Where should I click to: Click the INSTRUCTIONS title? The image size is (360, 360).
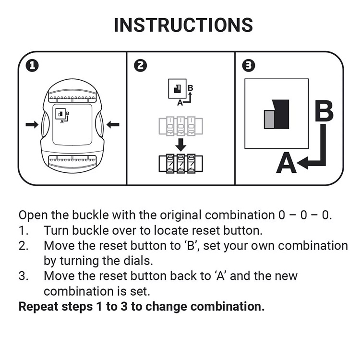[x=183, y=25]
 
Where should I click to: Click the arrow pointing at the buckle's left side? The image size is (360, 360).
[x=32, y=125]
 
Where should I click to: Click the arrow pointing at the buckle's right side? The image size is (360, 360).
[x=113, y=125]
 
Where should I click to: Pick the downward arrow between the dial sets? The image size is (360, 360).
[x=180, y=144]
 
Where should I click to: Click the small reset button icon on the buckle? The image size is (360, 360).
[x=61, y=114]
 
